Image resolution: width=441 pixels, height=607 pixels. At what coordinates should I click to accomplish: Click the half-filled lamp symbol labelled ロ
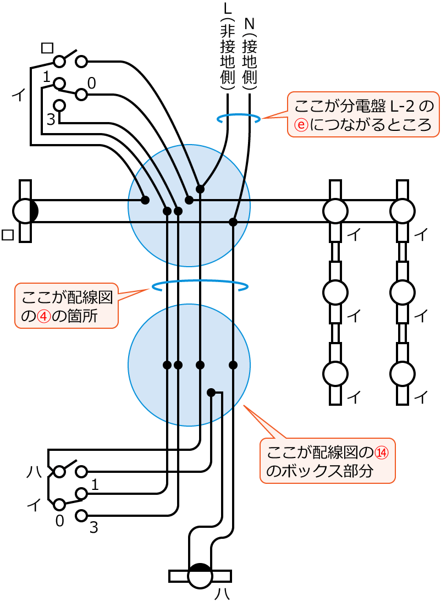(x=25, y=211)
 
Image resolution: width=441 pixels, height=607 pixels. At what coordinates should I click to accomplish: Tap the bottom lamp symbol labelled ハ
(x=200, y=576)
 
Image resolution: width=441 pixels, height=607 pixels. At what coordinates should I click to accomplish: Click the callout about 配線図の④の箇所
(x=67, y=306)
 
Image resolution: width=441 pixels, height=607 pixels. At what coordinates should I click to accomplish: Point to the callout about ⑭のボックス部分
(x=328, y=461)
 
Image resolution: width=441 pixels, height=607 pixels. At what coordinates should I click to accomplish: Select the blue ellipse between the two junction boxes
(x=200, y=285)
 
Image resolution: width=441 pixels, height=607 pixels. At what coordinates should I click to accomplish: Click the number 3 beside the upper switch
(x=51, y=119)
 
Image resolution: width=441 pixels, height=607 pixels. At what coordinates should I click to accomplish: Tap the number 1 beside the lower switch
(x=95, y=485)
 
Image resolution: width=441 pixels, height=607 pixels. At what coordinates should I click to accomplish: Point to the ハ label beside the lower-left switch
(x=35, y=471)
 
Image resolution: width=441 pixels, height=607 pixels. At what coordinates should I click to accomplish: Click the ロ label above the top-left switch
(x=47, y=48)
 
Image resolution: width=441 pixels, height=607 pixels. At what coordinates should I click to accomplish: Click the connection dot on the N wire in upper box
(x=233, y=222)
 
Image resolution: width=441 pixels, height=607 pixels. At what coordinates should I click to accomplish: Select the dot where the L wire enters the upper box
(x=200, y=189)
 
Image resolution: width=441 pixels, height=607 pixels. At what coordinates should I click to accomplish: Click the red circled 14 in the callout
(x=382, y=453)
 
